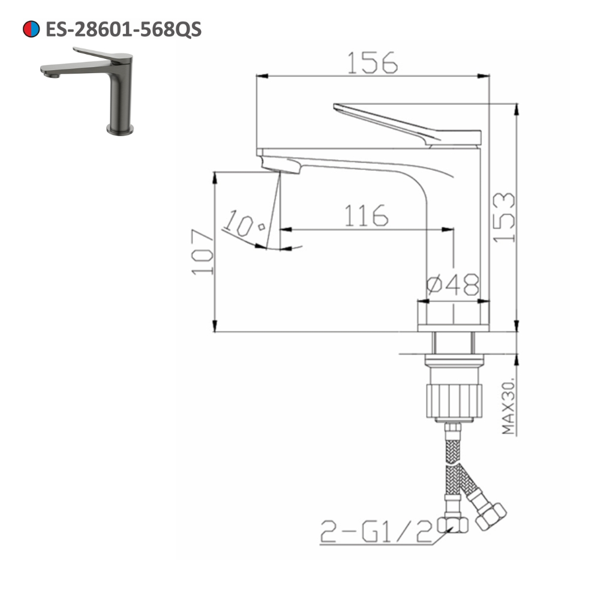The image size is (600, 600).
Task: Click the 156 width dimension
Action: [x=372, y=62]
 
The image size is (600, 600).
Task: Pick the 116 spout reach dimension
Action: [x=366, y=215]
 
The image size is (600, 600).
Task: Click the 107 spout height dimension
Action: [x=202, y=252]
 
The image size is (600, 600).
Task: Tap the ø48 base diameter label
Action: [x=452, y=283]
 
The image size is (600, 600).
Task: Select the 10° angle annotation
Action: [x=243, y=226]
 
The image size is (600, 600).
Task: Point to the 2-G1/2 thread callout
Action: [x=376, y=530]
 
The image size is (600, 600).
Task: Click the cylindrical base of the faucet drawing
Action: [x=454, y=316]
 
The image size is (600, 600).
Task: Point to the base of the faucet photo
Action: [x=120, y=128]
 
